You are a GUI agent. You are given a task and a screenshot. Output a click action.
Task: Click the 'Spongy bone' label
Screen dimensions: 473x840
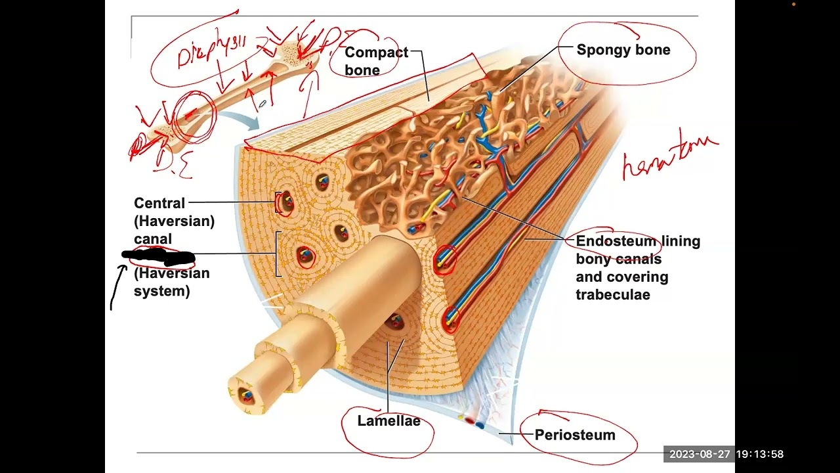(623, 50)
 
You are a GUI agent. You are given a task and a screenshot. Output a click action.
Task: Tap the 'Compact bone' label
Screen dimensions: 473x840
(375, 61)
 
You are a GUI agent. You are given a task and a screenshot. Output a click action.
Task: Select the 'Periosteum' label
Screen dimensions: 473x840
(575, 435)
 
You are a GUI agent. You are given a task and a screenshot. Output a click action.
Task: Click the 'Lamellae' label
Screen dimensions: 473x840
(388, 421)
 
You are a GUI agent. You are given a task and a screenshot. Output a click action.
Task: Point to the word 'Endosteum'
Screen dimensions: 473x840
(616, 241)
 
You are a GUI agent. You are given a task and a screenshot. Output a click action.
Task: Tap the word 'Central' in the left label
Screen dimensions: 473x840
(159, 203)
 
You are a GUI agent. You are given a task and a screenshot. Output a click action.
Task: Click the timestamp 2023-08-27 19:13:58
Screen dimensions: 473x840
(726, 454)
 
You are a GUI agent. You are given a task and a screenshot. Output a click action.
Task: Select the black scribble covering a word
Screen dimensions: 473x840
(158, 256)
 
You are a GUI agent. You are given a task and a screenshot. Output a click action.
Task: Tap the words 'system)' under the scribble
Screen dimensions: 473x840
(161, 291)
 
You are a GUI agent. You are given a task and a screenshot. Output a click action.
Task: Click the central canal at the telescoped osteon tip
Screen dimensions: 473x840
(246, 395)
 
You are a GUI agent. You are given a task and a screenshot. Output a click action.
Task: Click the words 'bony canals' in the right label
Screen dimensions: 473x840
(618, 259)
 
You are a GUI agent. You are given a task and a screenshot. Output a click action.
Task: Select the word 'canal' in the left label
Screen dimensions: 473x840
(152, 239)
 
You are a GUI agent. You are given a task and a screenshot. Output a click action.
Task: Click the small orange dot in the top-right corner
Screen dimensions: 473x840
(793, 5)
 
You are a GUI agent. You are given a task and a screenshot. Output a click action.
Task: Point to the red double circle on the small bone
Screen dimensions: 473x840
(194, 116)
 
